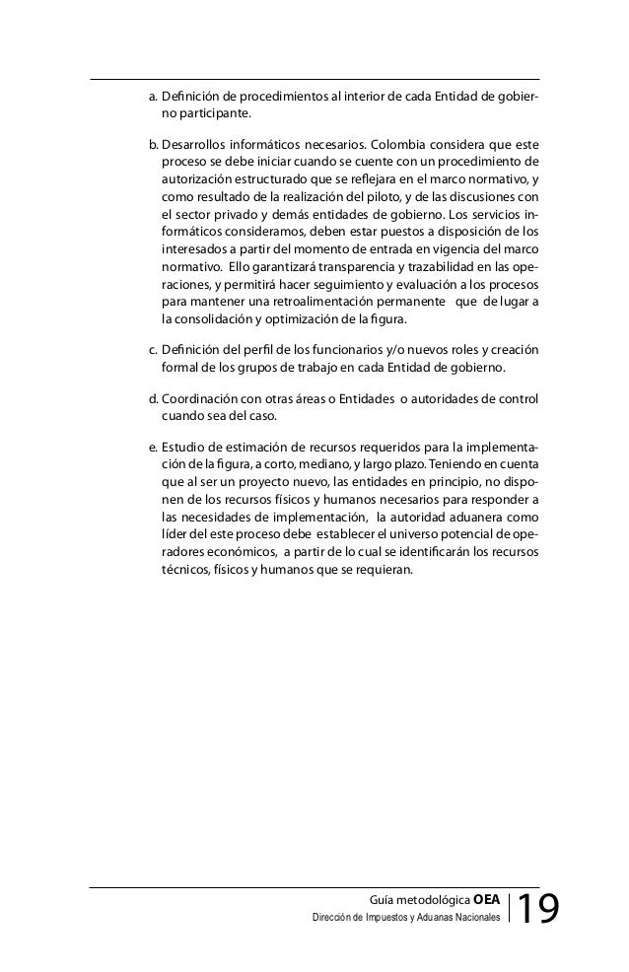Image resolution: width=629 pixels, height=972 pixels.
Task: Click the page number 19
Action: point(537,908)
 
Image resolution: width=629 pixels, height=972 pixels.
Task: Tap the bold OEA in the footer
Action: point(486,899)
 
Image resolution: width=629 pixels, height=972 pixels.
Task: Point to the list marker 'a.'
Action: point(153,96)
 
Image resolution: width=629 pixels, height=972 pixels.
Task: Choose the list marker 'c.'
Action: point(153,351)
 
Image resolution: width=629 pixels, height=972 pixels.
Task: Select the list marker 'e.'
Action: point(153,445)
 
